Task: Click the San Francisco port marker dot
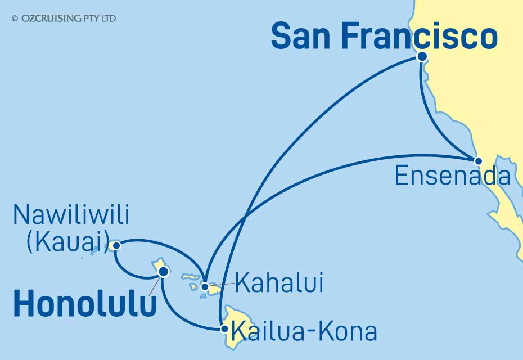421,56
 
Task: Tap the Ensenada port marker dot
478,161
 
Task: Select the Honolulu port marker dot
163,272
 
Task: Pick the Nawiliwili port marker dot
116,245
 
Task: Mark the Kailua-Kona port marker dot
224,328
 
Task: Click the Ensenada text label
452,176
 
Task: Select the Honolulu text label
84,305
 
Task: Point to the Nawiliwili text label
71,215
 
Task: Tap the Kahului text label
279,283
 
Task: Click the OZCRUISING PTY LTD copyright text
64,19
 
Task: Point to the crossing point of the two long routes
247,215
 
